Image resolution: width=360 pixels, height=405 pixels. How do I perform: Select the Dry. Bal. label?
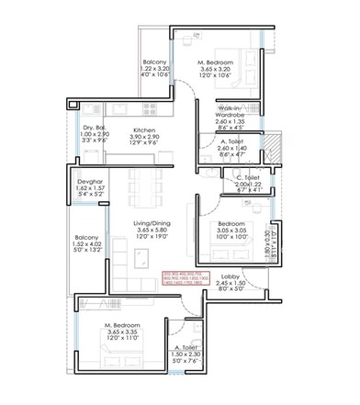(x=95, y=129)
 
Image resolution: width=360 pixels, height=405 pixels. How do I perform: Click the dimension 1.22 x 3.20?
(x=156, y=70)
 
